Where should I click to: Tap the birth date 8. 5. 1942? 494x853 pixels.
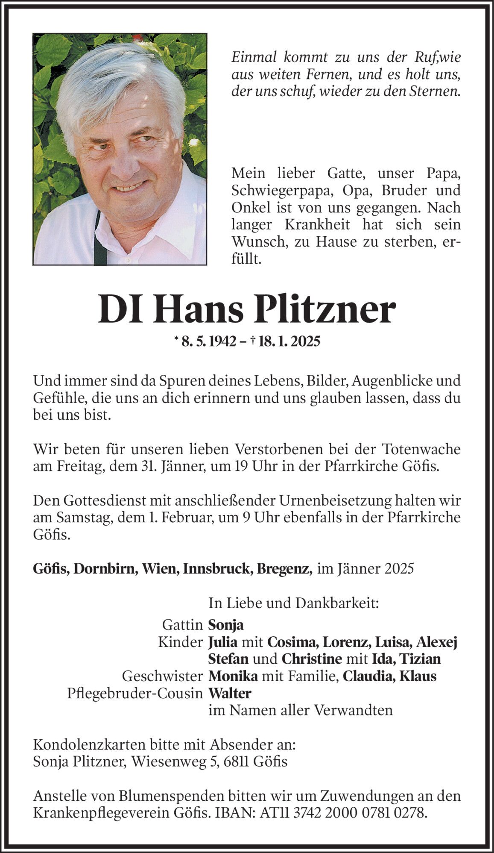tap(209, 341)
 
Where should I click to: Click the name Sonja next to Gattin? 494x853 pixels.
tap(226, 625)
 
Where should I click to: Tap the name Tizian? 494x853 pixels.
tap(420, 659)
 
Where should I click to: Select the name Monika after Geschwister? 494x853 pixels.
tap(233, 676)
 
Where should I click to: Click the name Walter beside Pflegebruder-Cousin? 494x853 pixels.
tap(230, 693)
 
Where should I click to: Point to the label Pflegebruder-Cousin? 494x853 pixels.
tap(134, 693)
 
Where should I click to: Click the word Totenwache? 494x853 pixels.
tap(421, 449)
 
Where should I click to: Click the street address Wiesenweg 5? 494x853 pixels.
tap(173, 762)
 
